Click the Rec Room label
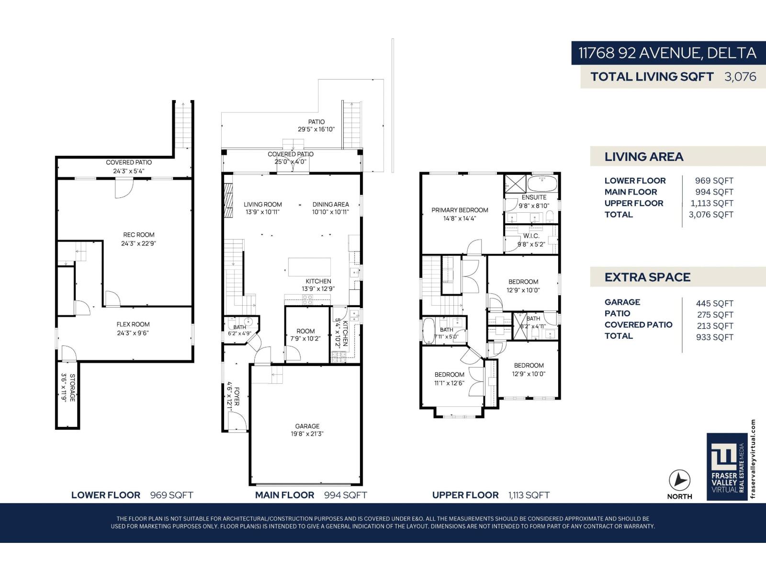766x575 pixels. (138, 235)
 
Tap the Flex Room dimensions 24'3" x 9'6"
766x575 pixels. (133, 333)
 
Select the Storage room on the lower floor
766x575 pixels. (68, 394)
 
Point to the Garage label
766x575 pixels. (307, 426)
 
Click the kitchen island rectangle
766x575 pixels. (310, 267)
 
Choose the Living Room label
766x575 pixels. (263, 205)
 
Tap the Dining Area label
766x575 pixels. (330, 205)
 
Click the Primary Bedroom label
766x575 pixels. (460, 210)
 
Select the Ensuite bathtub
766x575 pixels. (542, 184)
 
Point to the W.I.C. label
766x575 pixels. (531, 236)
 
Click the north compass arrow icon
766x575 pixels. (679, 481)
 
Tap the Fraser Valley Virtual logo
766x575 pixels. (727, 467)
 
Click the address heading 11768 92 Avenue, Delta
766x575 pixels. (667, 53)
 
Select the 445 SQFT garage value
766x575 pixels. (714, 304)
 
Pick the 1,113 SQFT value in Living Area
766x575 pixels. (711, 204)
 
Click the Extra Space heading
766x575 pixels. (647, 277)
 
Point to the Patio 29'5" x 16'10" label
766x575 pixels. (316, 126)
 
